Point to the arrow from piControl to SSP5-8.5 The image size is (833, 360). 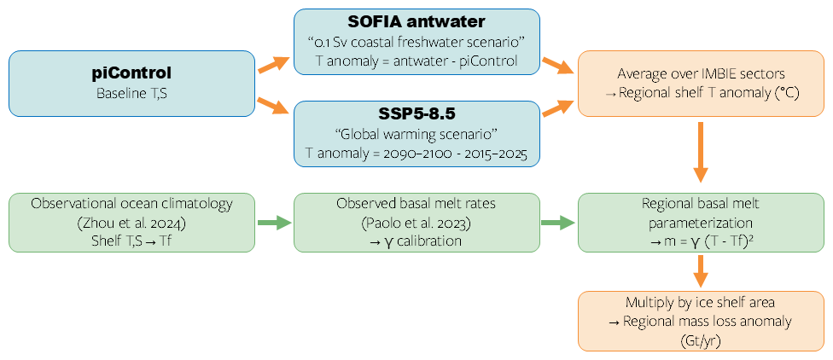(274, 105)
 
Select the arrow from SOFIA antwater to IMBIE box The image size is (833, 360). (558, 66)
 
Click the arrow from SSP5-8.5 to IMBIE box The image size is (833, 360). (558, 106)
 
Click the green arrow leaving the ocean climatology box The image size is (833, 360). (273, 223)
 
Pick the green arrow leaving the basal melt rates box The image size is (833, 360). (558, 223)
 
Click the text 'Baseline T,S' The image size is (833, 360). (132, 92)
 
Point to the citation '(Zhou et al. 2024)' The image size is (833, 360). (132, 223)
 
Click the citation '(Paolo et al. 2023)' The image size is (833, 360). (416, 223)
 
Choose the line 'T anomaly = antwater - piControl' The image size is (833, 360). (416, 61)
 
